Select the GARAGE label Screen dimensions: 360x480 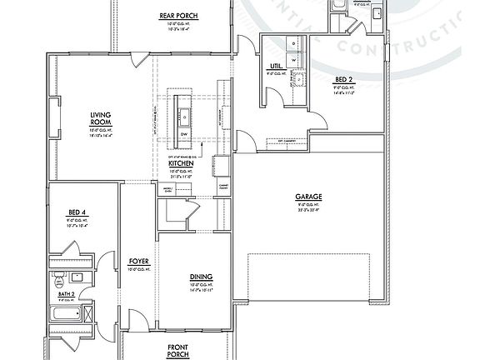(x=308, y=197)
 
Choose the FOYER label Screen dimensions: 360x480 (x=138, y=261)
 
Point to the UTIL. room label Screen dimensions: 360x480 (x=274, y=66)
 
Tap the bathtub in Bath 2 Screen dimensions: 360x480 (x=66, y=314)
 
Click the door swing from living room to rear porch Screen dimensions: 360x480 (x=142, y=62)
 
